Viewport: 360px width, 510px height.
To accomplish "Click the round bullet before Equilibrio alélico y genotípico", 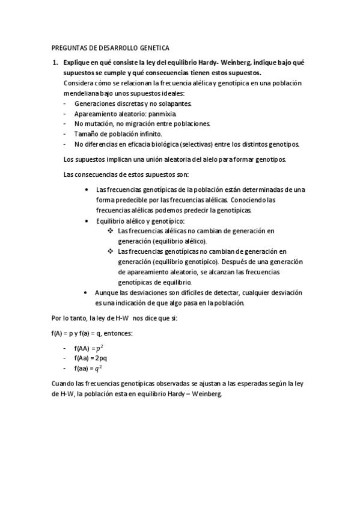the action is point(88,221).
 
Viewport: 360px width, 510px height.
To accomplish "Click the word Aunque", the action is point(106,292).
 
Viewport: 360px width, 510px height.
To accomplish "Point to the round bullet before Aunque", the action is point(88,292).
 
